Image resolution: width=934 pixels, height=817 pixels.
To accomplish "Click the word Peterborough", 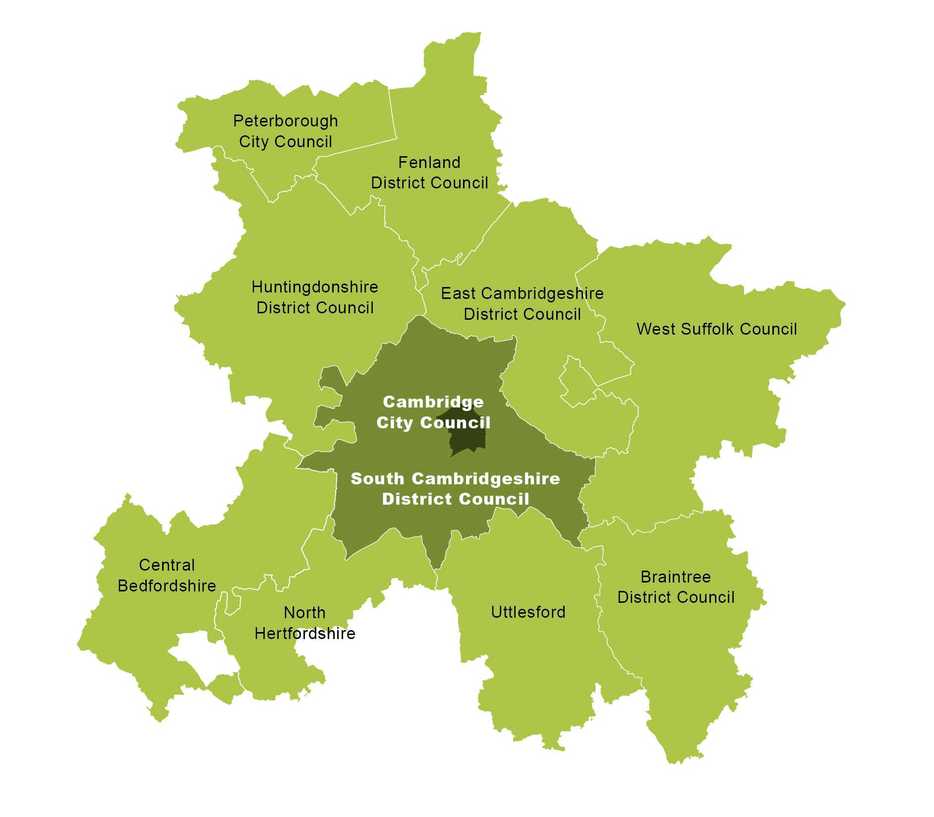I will [x=286, y=121].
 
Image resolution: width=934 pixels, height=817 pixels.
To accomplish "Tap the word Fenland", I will [x=429, y=163].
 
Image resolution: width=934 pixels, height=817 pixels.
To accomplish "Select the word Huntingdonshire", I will [x=315, y=287].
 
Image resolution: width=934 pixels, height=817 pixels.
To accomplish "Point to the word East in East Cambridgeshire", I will [x=459, y=293].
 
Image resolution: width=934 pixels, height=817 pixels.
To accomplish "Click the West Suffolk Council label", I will [x=717, y=329].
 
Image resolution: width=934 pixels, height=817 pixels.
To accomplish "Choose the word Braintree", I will [x=676, y=577].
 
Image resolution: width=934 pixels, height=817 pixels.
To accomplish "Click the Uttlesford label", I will [x=528, y=612].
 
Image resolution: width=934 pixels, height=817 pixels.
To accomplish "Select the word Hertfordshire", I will [x=305, y=634].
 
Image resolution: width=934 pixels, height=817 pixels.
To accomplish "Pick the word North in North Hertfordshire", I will [x=304, y=613].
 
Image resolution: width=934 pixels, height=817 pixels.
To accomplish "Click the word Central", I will [x=167, y=565].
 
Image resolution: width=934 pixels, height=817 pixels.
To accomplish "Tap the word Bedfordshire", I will [x=167, y=586].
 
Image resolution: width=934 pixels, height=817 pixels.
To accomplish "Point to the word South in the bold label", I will [x=377, y=479].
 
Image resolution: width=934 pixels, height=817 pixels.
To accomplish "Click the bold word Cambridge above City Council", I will [x=433, y=402].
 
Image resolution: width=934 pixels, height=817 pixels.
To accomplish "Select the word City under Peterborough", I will [x=253, y=142].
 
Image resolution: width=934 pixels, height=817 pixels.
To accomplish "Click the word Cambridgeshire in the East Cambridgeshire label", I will [x=542, y=293].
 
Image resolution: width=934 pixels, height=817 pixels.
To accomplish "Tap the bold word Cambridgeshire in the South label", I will [x=486, y=479].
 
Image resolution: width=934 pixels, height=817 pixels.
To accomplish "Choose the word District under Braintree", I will [x=645, y=597].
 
